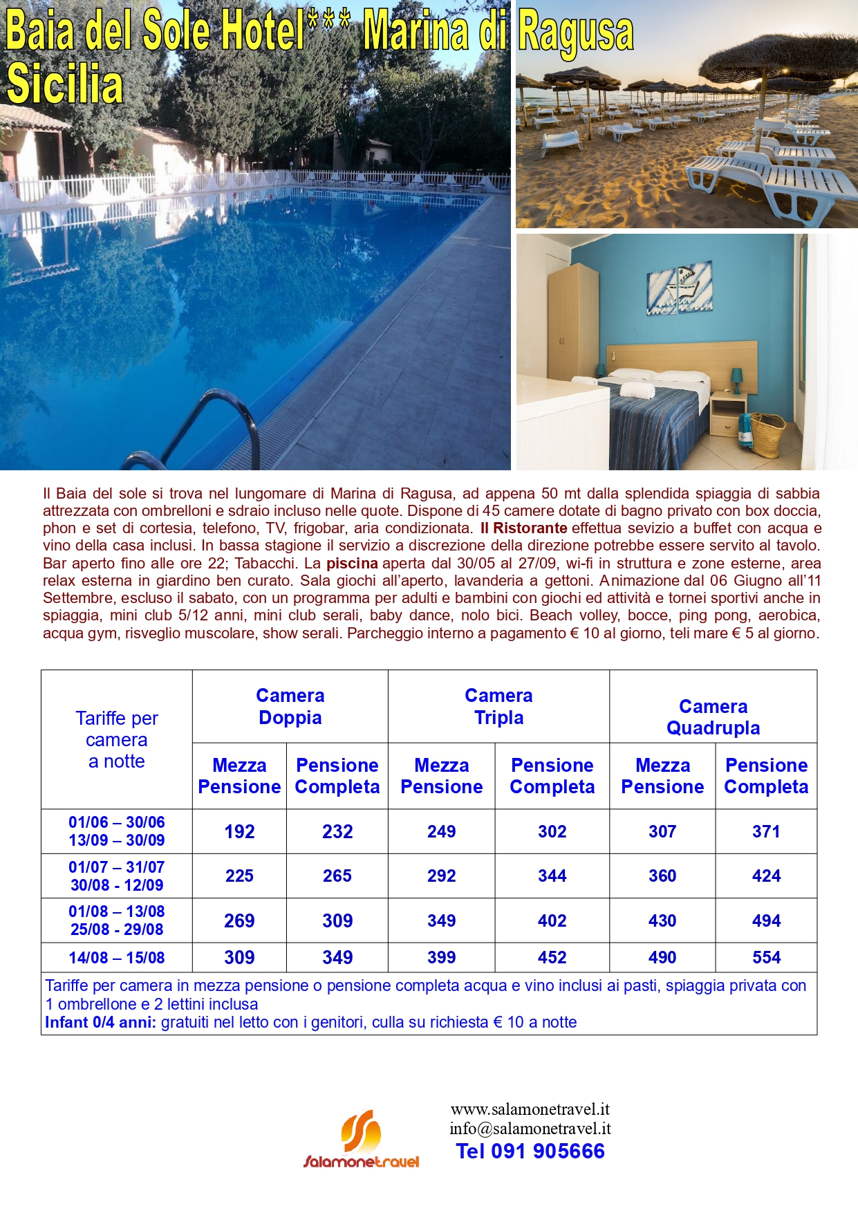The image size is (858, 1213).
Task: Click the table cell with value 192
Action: [239, 831]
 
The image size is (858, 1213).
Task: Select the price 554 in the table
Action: [766, 958]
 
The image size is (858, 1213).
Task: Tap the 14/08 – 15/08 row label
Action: [116, 958]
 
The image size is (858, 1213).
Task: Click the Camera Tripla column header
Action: [498, 706]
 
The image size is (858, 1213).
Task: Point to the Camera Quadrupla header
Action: [713, 717]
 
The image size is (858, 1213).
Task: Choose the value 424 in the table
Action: [766, 876]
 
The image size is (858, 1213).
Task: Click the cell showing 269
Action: [239, 921]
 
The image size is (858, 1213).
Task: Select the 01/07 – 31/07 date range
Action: [116, 867]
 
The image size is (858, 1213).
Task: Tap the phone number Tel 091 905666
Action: [530, 1151]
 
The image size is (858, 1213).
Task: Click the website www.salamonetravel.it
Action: [530, 1109]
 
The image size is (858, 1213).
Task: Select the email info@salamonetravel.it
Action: [530, 1129]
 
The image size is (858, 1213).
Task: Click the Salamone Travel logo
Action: [362, 1140]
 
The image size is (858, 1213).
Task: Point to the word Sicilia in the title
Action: [65, 84]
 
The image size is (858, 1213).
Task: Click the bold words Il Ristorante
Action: [523, 528]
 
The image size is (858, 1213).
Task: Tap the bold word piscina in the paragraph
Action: [352, 564]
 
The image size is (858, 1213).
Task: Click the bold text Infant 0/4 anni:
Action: [100, 1023]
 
